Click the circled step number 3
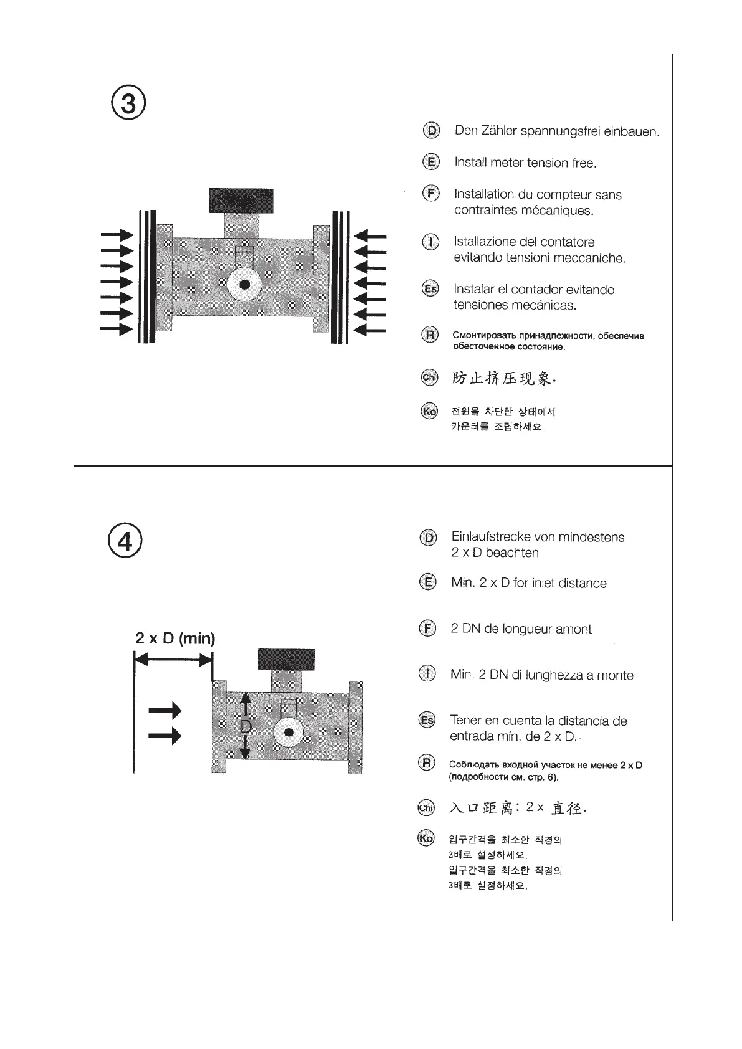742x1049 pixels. (x=128, y=104)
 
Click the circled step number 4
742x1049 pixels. (x=125, y=541)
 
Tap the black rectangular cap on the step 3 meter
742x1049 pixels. (x=241, y=201)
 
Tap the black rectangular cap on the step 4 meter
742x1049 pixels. (x=286, y=660)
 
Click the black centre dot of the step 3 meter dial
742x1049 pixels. (x=245, y=285)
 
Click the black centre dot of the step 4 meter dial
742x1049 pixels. (x=288, y=733)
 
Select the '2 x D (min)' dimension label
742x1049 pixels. (x=175, y=638)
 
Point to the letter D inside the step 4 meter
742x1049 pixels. (x=245, y=726)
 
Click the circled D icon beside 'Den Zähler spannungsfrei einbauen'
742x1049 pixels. (x=431, y=131)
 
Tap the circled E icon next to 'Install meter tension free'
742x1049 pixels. (x=430, y=162)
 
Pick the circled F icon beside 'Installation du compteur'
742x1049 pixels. (x=430, y=194)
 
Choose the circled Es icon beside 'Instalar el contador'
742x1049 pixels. (x=430, y=288)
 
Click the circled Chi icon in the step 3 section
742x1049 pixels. (x=429, y=377)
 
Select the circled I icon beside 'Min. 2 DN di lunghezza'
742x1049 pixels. (x=427, y=674)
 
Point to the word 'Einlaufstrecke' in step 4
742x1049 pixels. (x=490, y=537)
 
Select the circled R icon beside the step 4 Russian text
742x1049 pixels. (x=427, y=762)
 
